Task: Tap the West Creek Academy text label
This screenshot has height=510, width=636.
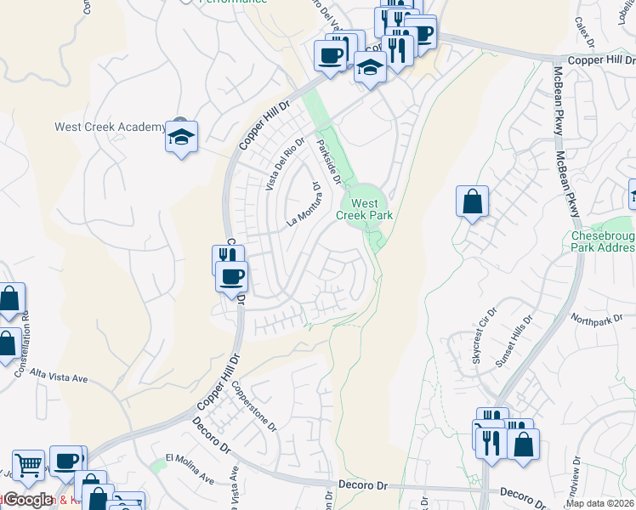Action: (x=110, y=127)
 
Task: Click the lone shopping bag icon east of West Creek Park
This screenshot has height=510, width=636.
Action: (x=472, y=203)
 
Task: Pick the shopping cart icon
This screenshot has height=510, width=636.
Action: (x=29, y=466)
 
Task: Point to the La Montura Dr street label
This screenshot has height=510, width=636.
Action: (x=304, y=205)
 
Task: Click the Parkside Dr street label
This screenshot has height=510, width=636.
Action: (x=328, y=161)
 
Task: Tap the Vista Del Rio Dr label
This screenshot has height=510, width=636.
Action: (x=284, y=163)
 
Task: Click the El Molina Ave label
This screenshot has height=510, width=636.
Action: (x=190, y=467)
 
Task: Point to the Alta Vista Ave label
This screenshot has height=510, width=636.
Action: (x=60, y=375)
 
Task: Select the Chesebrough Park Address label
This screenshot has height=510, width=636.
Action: (x=602, y=241)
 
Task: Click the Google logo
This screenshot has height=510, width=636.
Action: (x=28, y=500)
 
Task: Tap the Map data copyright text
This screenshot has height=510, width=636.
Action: (x=599, y=503)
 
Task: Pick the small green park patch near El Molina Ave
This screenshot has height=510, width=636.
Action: (x=156, y=466)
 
